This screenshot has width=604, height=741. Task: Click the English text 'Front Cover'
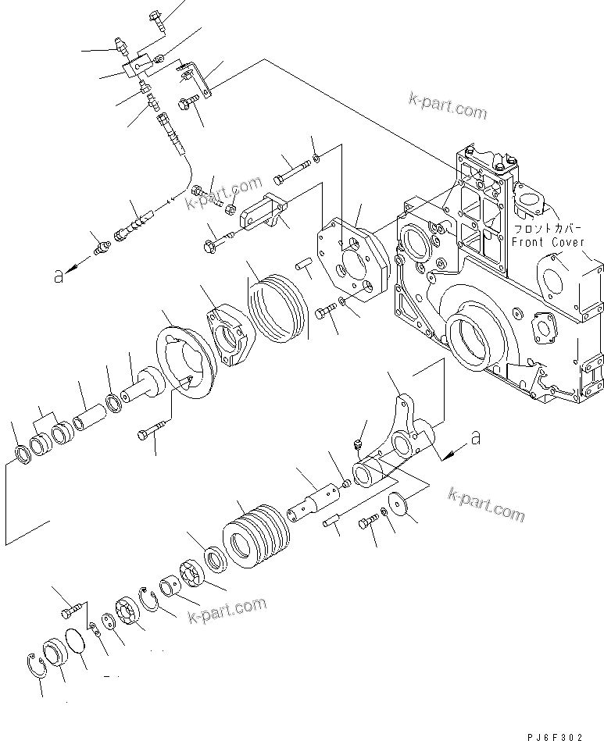(548, 243)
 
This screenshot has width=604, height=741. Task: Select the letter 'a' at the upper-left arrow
(58, 276)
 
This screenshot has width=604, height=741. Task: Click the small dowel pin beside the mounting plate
(304, 265)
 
